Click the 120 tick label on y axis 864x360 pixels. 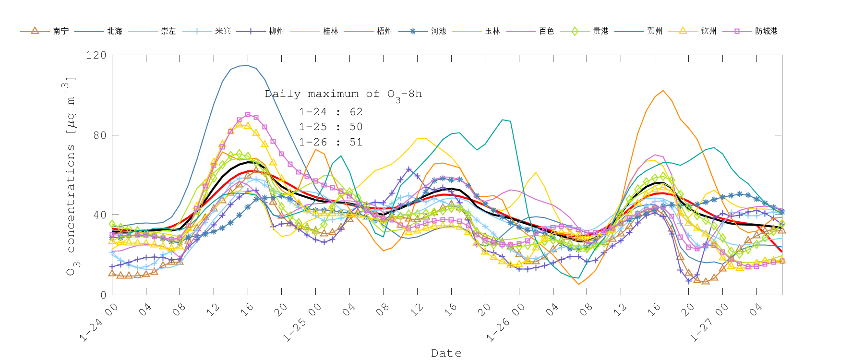point(96,55)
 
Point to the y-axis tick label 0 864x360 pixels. point(103,295)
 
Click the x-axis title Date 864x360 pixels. point(446,353)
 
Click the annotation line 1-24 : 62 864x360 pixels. point(331,112)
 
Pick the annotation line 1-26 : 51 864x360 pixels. point(331,142)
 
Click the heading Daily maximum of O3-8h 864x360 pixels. point(344,95)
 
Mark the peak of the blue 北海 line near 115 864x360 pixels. point(247,65)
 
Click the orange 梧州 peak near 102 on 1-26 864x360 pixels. point(663,90)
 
